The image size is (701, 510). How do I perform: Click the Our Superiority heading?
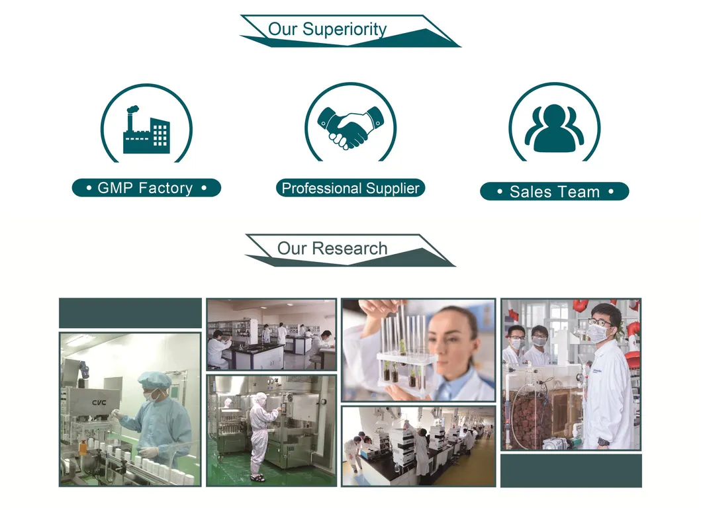pyautogui.click(x=327, y=30)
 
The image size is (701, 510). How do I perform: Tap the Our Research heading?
pyautogui.click(x=332, y=249)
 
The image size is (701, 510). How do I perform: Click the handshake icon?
pyautogui.click(x=350, y=126)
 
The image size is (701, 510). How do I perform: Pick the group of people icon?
pyautogui.click(x=554, y=128)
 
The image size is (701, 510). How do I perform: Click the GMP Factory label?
pyautogui.click(x=146, y=188)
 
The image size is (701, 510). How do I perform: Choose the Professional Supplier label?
pyautogui.click(x=350, y=189)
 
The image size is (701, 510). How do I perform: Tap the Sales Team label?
pyautogui.click(x=554, y=192)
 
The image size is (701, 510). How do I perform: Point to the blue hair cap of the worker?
pyautogui.click(x=154, y=379)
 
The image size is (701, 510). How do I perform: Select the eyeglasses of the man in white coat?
pyautogui.click(x=600, y=322)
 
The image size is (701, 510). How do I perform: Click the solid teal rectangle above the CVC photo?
pyautogui.click(x=130, y=312)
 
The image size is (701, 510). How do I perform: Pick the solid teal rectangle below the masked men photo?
pyautogui.click(x=571, y=470)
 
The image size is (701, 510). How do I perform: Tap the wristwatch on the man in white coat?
pyautogui.click(x=603, y=441)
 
